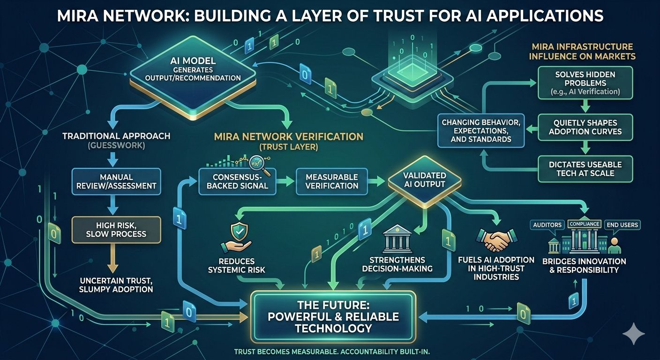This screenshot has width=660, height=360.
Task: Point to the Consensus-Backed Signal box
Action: coord(237,181)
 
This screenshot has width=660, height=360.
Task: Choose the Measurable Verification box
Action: coord(331,181)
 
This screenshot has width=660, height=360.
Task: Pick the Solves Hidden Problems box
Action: coord(585,82)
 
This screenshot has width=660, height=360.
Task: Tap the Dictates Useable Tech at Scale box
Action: coord(585,169)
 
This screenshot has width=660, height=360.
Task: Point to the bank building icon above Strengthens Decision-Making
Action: coord(397,240)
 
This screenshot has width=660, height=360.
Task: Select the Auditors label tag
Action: coord(547,225)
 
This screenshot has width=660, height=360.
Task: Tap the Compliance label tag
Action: coord(584,224)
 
